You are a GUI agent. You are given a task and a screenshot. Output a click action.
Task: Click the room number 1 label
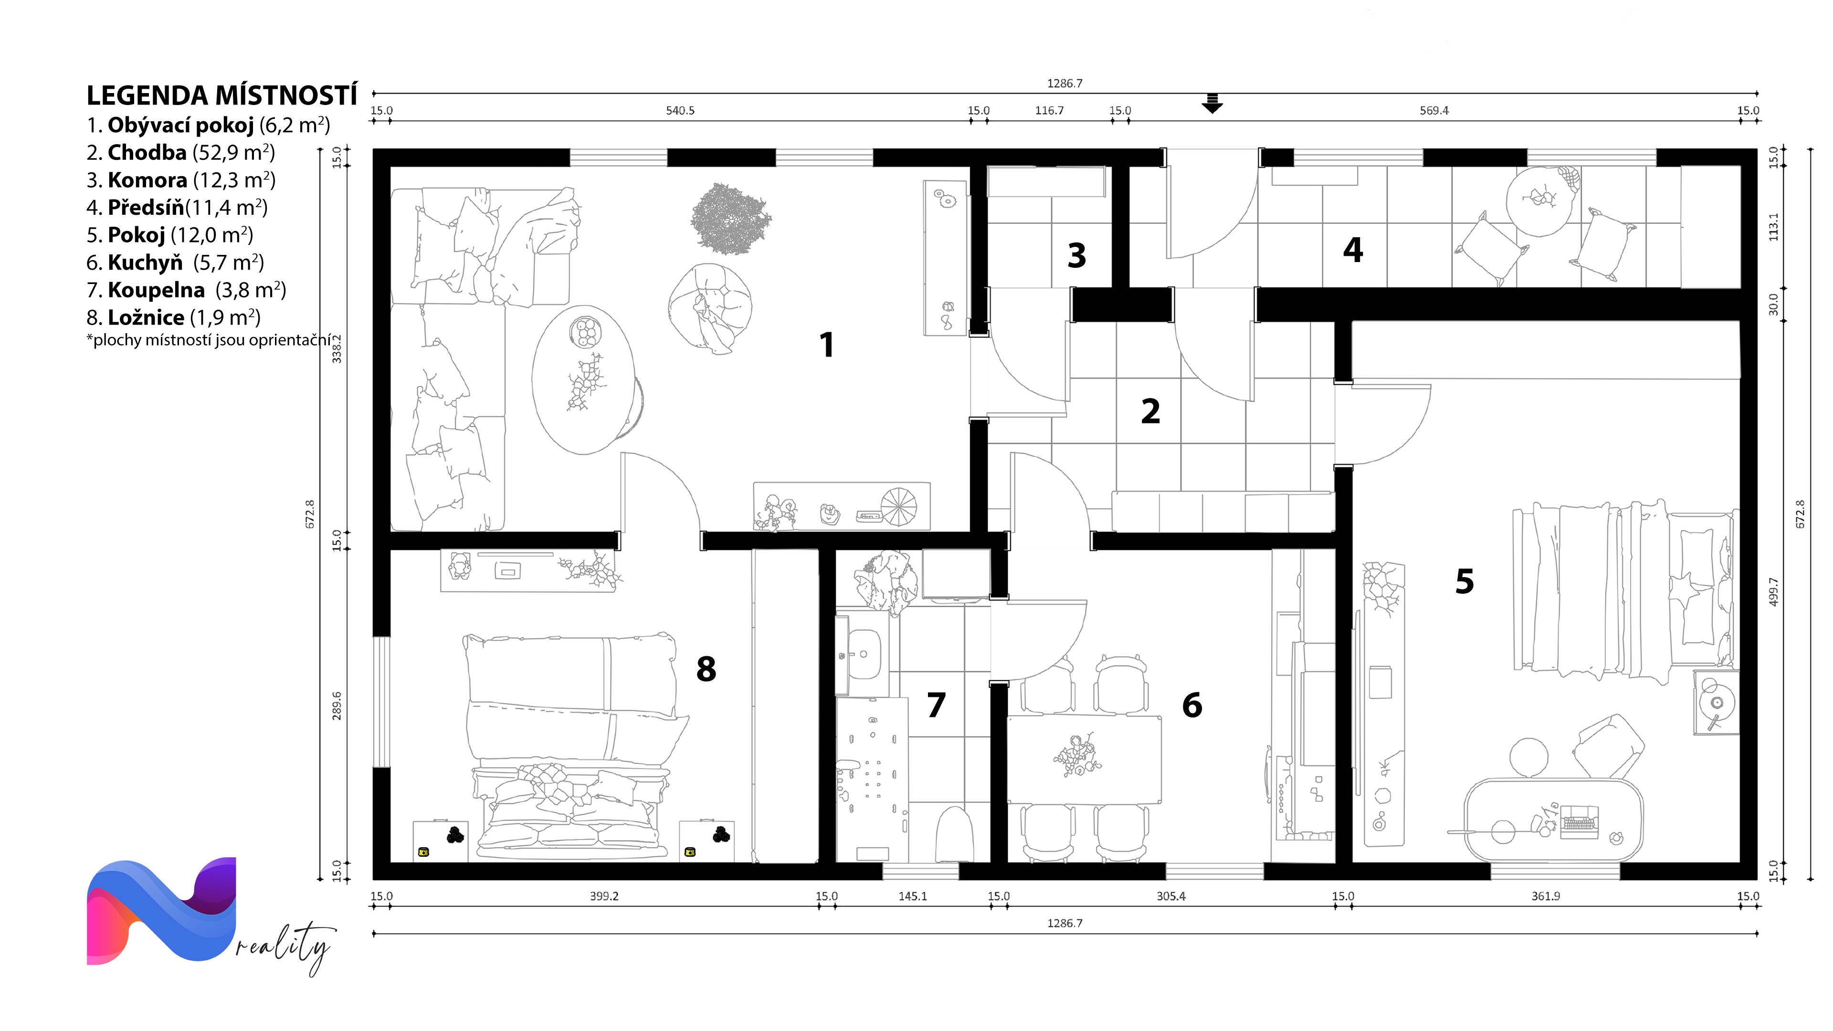[826, 345]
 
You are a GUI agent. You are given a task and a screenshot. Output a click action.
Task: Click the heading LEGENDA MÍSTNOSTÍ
[222, 95]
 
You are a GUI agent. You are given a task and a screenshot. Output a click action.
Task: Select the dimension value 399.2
[604, 896]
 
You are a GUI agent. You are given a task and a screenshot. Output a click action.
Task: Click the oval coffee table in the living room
[583, 379]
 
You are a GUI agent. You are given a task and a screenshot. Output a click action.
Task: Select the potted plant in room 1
[730, 219]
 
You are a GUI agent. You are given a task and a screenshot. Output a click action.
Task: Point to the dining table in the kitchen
[1085, 760]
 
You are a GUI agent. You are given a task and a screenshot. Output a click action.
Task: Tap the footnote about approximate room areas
[209, 340]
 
